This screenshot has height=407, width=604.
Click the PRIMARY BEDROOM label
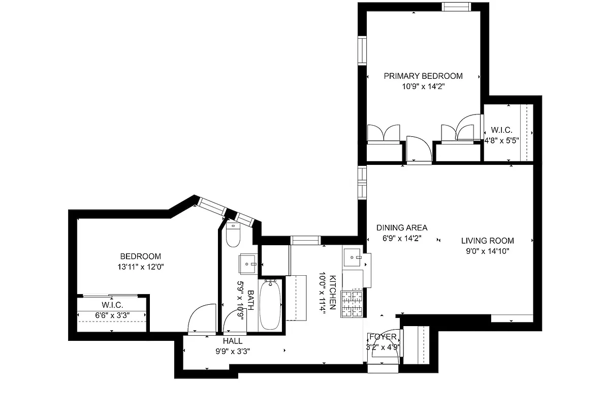[x=423, y=76]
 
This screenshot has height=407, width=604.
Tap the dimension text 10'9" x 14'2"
[x=423, y=86]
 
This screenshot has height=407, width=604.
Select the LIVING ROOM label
[x=487, y=241]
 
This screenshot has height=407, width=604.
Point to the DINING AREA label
[x=401, y=228]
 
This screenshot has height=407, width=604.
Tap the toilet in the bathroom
[x=233, y=235]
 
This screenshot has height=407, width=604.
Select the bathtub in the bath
[x=270, y=305]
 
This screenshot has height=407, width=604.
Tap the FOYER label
[x=383, y=337]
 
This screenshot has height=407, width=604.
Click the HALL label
[x=233, y=341]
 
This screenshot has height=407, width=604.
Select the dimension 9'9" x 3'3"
[x=233, y=351]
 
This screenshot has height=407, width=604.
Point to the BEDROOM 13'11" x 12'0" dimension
[x=140, y=266]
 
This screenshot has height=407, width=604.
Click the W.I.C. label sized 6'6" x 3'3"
[x=112, y=305]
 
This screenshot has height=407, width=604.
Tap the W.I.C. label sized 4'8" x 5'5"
[x=501, y=131]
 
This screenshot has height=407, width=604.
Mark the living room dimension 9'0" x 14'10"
[x=487, y=251]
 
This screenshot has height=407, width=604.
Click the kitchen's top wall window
[x=305, y=240]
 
